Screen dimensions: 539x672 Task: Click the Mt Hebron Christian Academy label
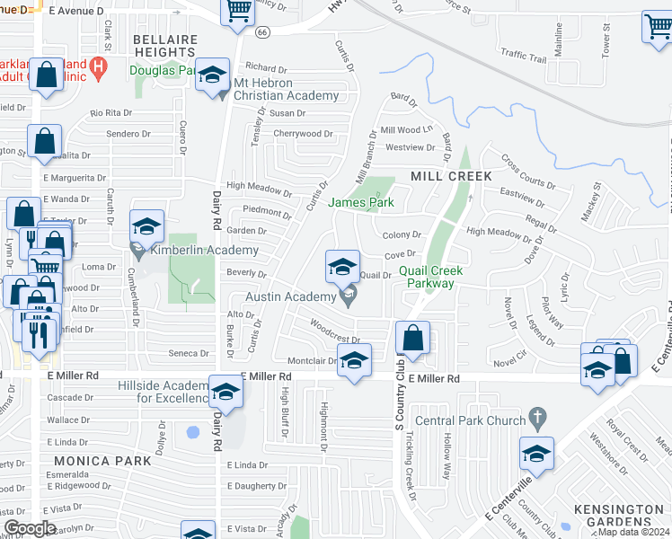(286, 95)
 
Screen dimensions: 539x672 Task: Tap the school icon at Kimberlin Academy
(147, 225)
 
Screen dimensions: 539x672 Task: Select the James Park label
(361, 203)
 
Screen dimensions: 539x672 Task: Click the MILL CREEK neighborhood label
(451, 176)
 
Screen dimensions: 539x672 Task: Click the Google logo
(30, 528)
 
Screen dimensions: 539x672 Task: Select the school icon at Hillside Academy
(225, 391)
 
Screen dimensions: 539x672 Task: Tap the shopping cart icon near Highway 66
(238, 12)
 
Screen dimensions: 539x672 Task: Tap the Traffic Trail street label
(524, 57)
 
